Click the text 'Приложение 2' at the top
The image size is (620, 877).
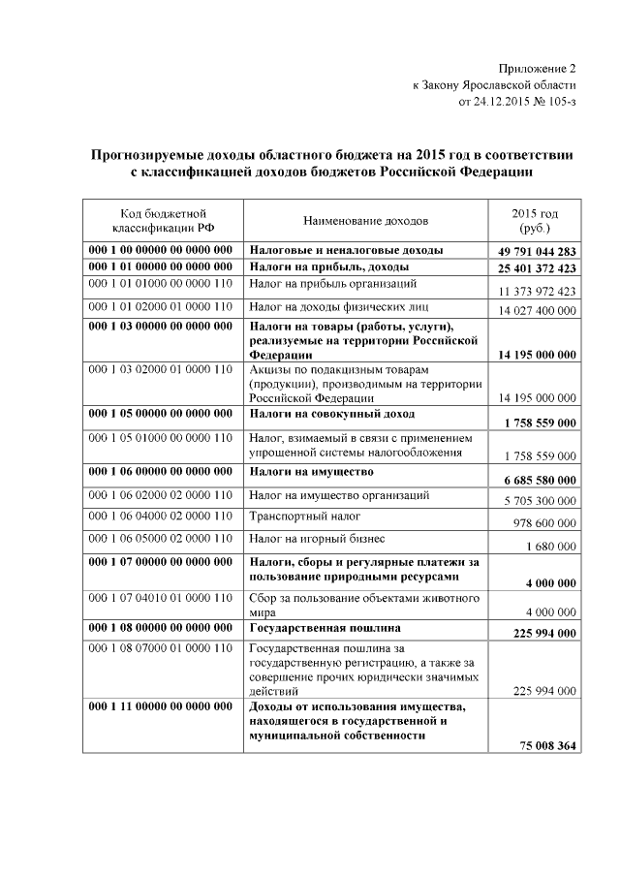(537, 69)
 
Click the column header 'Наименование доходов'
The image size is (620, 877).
(365, 221)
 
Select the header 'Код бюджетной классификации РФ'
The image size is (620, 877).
(162, 220)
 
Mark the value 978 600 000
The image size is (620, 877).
(544, 523)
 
